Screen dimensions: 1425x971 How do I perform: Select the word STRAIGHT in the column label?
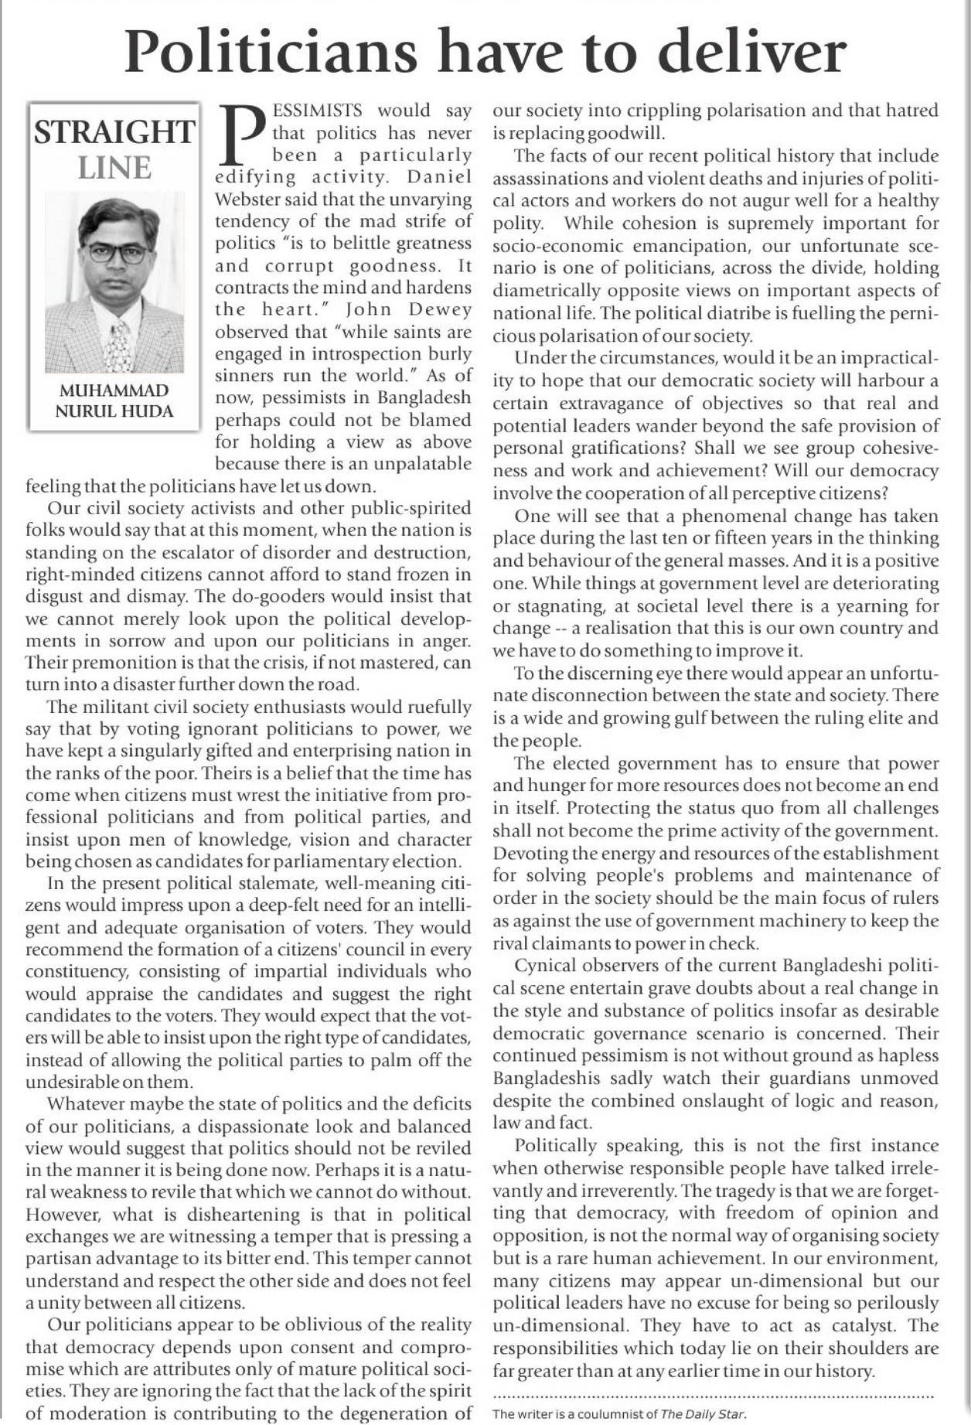[x=114, y=132]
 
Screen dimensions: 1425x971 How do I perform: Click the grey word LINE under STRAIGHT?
[x=114, y=167]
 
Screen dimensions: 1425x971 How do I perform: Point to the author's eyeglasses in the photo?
[x=118, y=253]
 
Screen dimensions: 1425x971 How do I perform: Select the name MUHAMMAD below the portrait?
[x=114, y=390]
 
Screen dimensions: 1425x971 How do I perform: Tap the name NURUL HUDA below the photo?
[x=114, y=411]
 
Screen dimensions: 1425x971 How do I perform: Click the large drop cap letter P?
[x=242, y=135]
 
